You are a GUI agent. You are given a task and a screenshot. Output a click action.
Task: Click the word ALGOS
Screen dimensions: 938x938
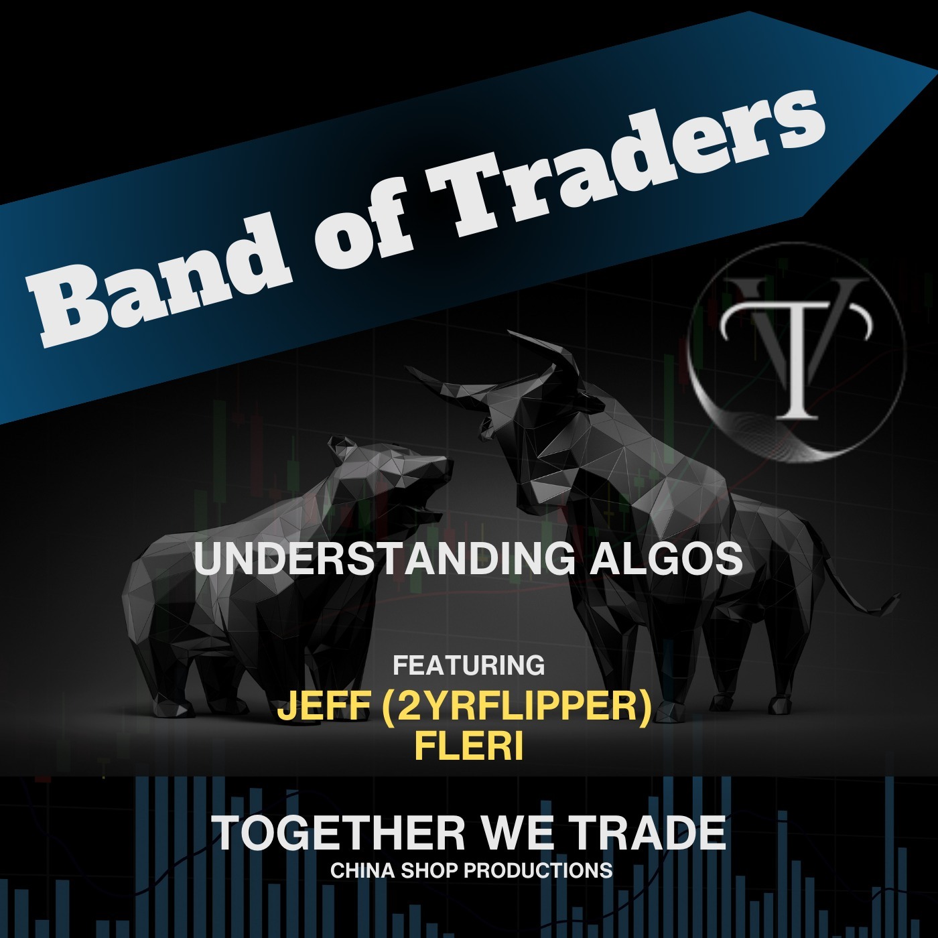[667, 559]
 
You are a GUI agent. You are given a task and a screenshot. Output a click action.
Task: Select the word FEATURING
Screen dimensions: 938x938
[469, 665]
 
